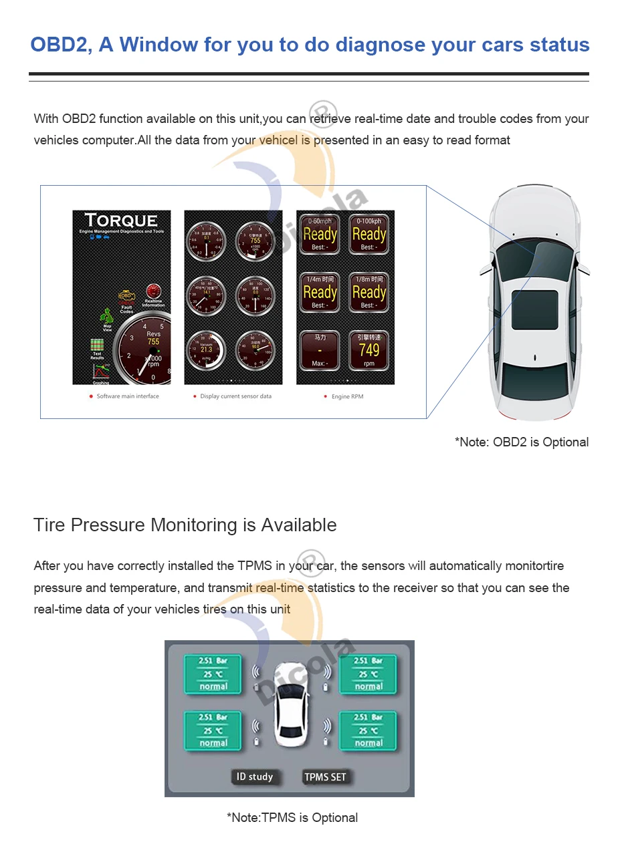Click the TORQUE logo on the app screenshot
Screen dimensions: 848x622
pos(121,221)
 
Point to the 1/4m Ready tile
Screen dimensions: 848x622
pos(320,291)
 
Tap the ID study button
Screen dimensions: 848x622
pos(255,776)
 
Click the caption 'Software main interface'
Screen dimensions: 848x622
pos(127,396)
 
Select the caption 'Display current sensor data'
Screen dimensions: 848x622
pos(235,396)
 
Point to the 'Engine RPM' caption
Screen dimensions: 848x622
pos(347,396)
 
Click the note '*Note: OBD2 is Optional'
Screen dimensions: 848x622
pos(522,442)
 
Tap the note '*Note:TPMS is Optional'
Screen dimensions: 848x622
pos(292,817)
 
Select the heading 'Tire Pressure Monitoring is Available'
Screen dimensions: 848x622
pos(185,525)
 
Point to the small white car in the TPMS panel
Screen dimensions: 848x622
pos(289,706)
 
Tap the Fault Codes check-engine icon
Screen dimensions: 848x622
pos(126,297)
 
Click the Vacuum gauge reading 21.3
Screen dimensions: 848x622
pos(206,349)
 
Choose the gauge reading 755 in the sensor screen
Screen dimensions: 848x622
pos(255,241)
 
